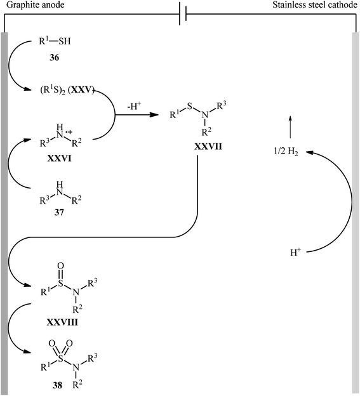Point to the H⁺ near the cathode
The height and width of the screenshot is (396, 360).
(295, 253)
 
